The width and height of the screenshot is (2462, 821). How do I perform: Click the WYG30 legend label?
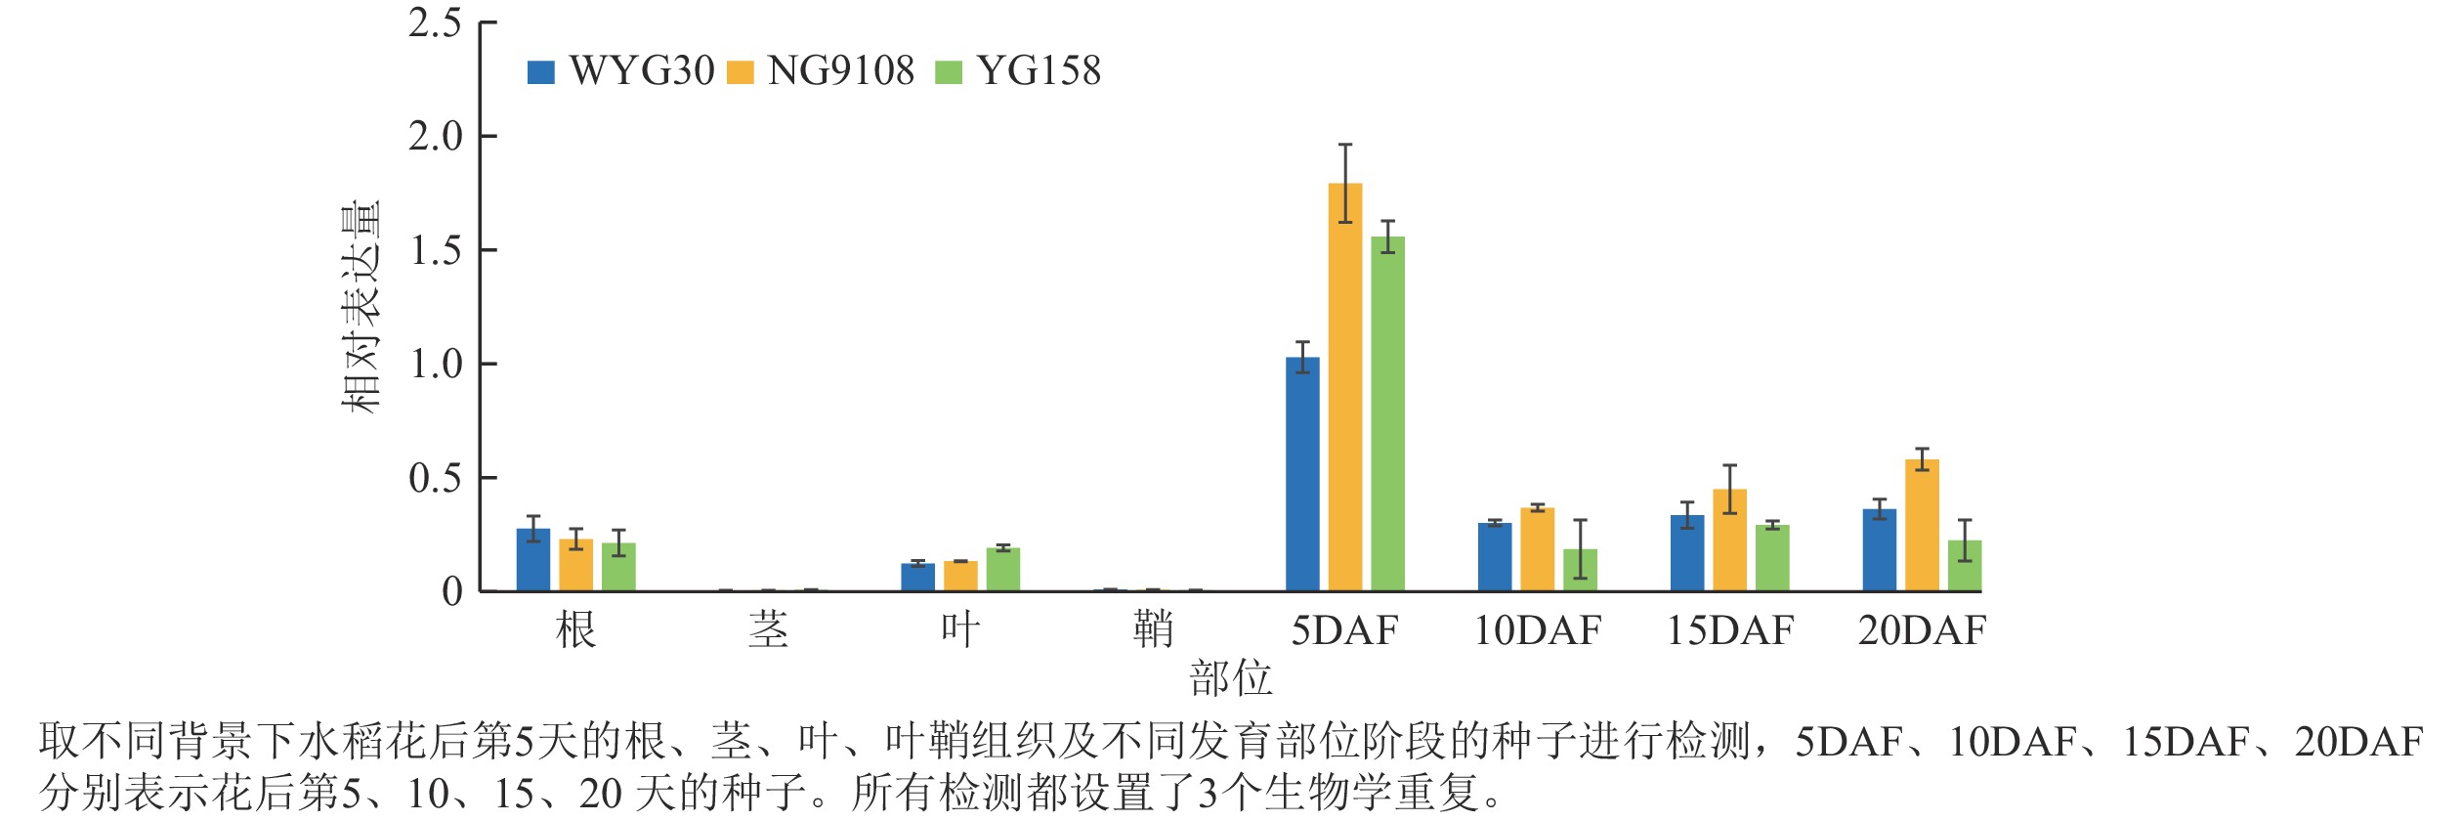(x=641, y=70)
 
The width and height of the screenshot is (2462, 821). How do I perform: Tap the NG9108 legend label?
(x=840, y=70)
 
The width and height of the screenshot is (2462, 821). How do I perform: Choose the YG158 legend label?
(x=1039, y=70)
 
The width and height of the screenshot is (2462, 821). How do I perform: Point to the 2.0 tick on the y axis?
(x=436, y=137)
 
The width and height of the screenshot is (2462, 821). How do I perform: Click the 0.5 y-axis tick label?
(x=436, y=478)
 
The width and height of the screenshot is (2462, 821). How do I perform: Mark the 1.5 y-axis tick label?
(x=436, y=251)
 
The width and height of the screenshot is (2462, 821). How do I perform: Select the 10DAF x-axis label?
(x=1537, y=630)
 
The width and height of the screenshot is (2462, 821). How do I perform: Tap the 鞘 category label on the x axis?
(x=1153, y=630)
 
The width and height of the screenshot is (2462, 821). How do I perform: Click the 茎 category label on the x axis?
(x=768, y=630)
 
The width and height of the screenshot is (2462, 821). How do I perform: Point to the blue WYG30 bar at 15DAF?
(x=1687, y=553)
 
